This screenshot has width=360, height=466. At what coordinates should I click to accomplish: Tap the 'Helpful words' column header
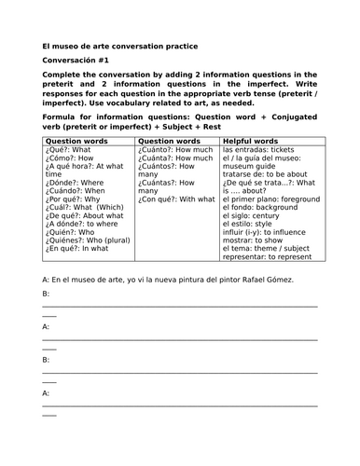click(252, 141)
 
